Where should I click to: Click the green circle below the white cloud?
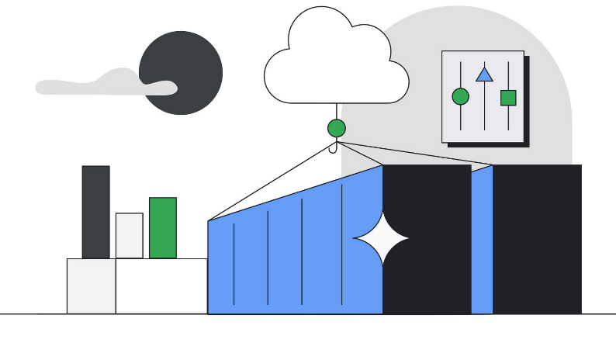coord(337,128)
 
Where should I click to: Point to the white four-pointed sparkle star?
coord(382,238)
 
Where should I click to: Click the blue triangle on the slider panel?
coord(484,74)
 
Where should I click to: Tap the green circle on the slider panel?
coord(460,96)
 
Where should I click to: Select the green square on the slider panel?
coord(508,98)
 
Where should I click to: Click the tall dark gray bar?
coord(95,211)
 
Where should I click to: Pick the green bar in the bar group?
coord(162,227)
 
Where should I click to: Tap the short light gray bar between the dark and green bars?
coord(129,235)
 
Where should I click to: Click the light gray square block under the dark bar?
coord(91,286)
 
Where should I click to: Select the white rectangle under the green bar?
coord(161,286)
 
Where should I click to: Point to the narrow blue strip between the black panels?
coord(482,241)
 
